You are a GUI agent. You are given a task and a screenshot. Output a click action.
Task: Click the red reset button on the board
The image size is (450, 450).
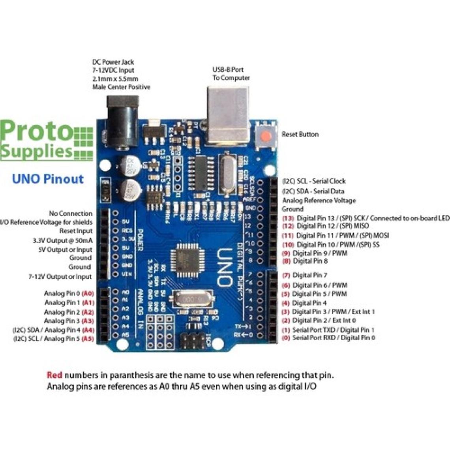(x=266, y=137)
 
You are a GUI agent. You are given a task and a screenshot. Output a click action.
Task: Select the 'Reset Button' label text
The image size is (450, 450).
(x=300, y=134)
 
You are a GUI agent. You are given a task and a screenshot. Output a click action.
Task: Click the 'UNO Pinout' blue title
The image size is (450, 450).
(x=48, y=179)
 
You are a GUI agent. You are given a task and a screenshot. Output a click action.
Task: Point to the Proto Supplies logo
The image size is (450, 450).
(x=45, y=140)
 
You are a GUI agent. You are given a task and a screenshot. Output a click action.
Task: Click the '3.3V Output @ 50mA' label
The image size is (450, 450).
(x=62, y=240)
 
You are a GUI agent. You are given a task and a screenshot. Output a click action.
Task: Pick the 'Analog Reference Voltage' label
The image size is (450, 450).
(x=319, y=200)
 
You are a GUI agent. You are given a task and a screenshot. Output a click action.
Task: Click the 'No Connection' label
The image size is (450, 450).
(x=71, y=214)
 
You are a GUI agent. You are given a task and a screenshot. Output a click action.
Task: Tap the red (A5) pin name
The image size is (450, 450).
(x=87, y=339)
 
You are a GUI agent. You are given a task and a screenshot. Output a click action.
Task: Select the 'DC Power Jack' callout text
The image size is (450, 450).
(x=113, y=62)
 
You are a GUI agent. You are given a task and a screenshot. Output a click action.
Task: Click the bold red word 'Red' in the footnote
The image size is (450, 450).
(x=54, y=375)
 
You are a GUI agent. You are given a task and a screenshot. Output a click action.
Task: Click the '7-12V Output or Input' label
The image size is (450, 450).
(x=60, y=277)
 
